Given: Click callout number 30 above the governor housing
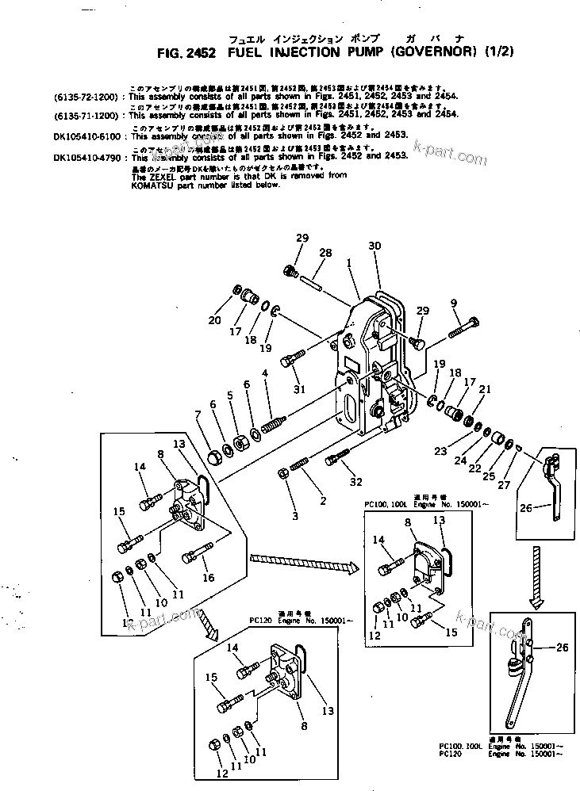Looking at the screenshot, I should tap(375, 246).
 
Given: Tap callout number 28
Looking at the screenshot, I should tap(324, 253).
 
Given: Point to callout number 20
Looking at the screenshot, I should tap(213, 320).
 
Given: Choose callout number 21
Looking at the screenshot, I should tap(486, 388).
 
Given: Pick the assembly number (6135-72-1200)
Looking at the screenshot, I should tap(86, 96).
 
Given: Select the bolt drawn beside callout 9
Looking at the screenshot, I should tap(463, 327).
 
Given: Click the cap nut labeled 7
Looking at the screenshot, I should tap(213, 457).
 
